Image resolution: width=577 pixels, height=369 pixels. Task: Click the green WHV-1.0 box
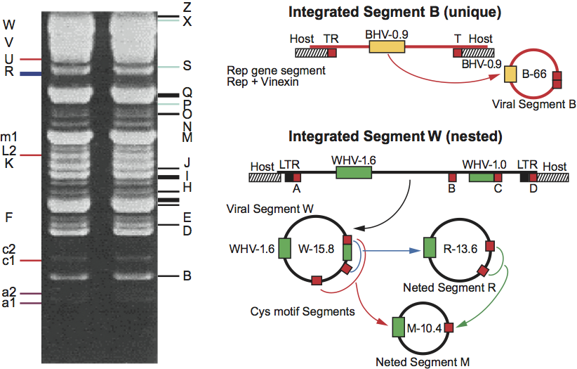(481, 177)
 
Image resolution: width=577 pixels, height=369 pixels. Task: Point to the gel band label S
(187, 66)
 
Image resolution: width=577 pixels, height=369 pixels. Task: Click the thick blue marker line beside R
(31, 73)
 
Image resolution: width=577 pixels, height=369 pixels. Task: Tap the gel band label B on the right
(187, 276)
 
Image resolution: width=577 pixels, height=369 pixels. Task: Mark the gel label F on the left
(8, 216)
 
